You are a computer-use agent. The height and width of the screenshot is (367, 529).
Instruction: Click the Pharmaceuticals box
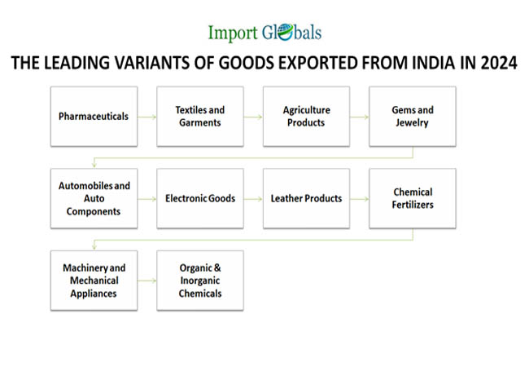click(94, 117)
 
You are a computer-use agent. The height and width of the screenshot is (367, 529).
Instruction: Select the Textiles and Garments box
click(200, 117)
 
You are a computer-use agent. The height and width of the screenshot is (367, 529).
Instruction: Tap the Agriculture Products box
click(306, 117)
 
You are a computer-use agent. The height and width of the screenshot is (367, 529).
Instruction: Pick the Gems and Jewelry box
click(413, 117)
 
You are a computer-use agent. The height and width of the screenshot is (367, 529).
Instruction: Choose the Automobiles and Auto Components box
click(94, 198)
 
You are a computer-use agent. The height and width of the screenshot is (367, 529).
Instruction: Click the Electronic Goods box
click(200, 198)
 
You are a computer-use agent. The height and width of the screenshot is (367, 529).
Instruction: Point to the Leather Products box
click(306, 198)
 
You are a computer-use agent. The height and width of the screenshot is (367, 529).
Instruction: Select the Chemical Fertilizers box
click(413, 198)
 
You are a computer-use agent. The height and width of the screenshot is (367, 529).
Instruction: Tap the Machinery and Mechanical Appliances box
click(94, 281)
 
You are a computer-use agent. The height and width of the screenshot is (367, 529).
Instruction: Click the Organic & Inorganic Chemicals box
click(200, 281)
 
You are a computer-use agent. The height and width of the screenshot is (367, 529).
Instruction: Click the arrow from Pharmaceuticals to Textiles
click(147, 117)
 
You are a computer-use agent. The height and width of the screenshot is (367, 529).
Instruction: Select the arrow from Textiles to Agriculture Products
click(253, 117)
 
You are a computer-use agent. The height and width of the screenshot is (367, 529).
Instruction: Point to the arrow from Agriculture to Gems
click(359, 117)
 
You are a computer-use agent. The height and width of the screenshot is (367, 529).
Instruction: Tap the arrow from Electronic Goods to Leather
click(253, 199)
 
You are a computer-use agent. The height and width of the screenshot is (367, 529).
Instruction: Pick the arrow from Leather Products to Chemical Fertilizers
click(359, 199)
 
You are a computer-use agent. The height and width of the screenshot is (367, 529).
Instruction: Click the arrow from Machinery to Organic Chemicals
click(147, 281)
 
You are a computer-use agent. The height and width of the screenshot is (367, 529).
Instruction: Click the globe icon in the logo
click(286, 33)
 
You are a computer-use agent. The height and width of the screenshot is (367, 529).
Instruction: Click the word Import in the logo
click(233, 33)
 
